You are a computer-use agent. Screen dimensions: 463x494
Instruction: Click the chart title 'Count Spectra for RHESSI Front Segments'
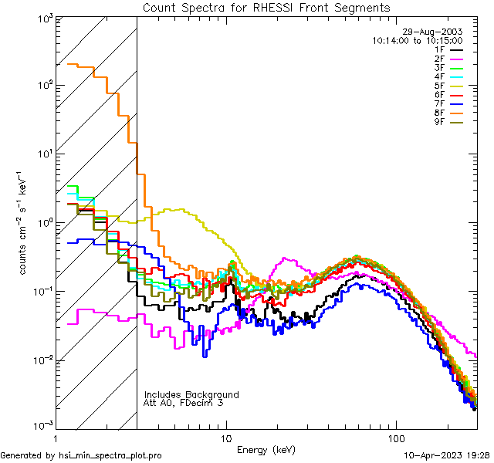(266, 8)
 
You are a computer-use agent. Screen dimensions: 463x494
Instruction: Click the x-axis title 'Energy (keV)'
(266, 450)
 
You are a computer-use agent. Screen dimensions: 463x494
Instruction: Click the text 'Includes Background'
(191, 395)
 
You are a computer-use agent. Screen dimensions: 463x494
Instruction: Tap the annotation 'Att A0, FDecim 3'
(184, 404)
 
